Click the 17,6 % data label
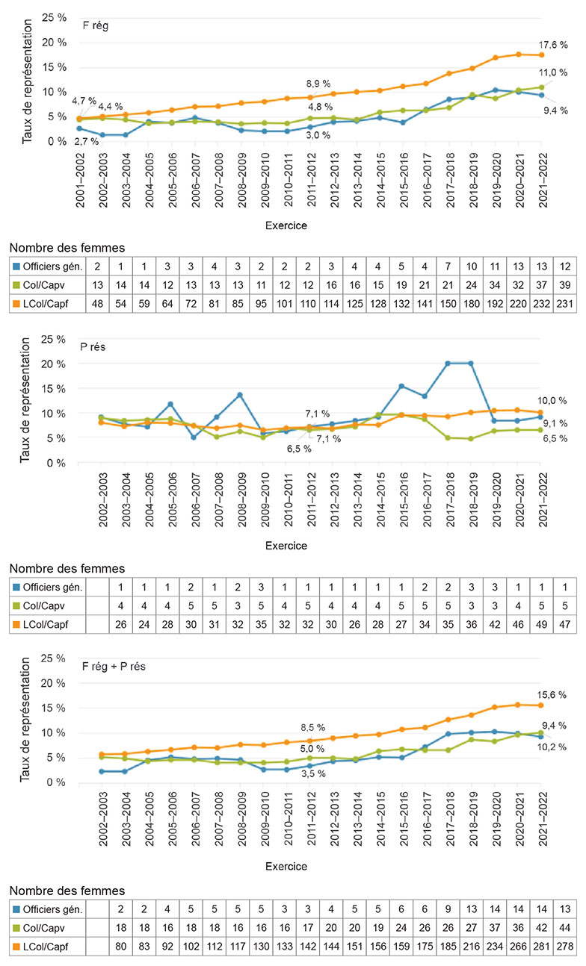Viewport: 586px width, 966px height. coord(552,44)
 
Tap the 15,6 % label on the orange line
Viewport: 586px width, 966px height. coord(552,694)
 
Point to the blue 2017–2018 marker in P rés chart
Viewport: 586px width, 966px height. coord(448,364)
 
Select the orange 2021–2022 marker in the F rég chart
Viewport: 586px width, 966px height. coord(541,55)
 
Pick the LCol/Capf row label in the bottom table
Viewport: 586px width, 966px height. coord(53,946)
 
